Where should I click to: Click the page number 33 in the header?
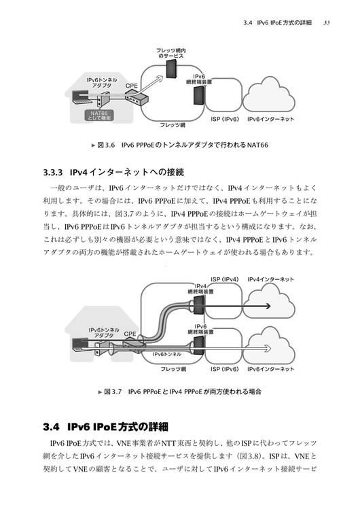coord(326,23)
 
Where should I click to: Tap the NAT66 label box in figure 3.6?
coord(99,116)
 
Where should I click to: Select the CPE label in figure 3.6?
coord(132,86)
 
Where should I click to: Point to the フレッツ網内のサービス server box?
coord(172,69)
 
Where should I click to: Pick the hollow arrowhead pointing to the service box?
coord(158,78)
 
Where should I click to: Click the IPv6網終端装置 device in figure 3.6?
coord(199,95)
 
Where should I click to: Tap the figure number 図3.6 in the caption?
coord(106,145)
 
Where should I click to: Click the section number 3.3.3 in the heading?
coord(52,172)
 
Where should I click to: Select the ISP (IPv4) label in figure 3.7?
coord(224,279)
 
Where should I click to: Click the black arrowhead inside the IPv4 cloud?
coord(268,306)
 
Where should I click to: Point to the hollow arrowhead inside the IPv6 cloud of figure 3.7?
coord(268,349)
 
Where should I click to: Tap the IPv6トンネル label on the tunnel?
coord(167,354)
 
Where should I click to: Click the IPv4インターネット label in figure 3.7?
coord(270,279)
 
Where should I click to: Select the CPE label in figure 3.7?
coord(130,334)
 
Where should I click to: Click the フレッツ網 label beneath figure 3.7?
coord(173,369)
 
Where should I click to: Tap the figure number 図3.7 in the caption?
coord(113,391)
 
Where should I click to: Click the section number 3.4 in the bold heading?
coord(51,427)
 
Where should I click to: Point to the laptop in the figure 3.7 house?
coord(78,345)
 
